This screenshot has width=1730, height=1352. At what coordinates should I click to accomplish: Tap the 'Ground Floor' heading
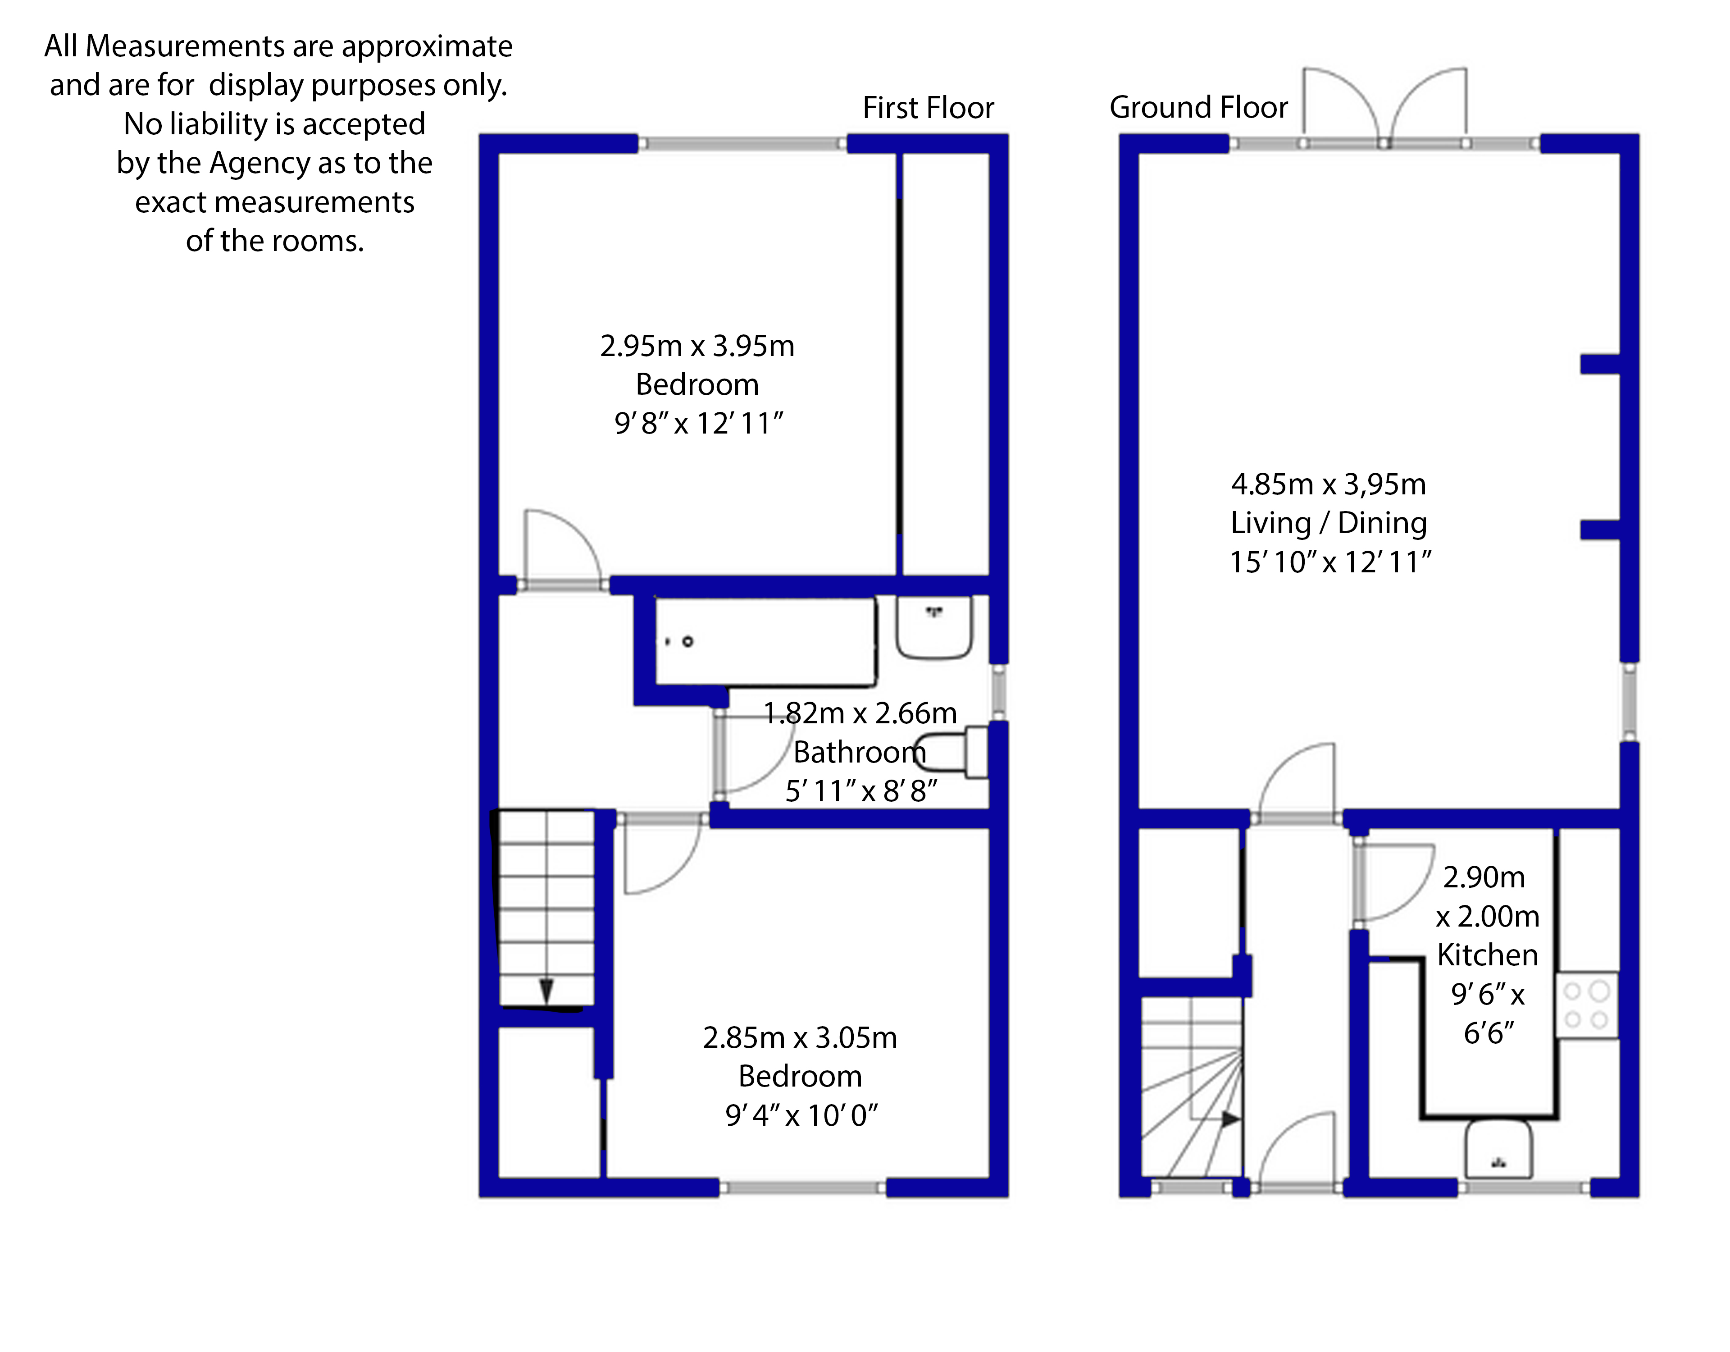coord(1198,107)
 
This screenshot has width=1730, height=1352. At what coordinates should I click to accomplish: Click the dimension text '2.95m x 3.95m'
coord(697,346)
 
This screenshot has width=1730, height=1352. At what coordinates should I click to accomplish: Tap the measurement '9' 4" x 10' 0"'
coord(801,1115)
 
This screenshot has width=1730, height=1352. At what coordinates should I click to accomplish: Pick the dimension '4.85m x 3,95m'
coord(1329,484)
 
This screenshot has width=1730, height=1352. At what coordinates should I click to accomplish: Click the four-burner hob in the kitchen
coord(1587,1005)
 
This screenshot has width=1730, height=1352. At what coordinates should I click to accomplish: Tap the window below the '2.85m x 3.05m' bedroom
coord(802,1187)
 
